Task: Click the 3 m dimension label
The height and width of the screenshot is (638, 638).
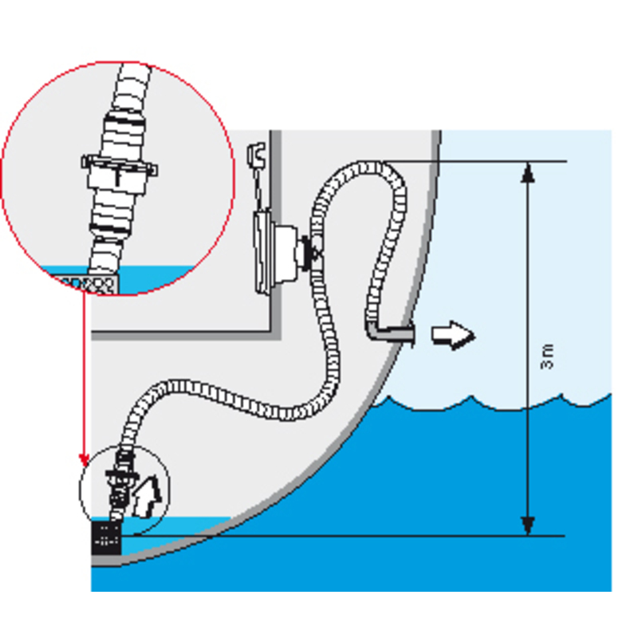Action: [x=548, y=356]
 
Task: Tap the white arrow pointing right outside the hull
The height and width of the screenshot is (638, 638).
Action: [x=453, y=335]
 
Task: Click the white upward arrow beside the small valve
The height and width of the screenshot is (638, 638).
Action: [x=147, y=497]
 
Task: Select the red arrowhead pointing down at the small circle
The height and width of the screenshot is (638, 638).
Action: [x=85, y=460]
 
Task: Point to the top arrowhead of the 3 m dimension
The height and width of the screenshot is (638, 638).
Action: [x=528, y=172]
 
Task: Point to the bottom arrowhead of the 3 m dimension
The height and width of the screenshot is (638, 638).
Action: [x=528, y=526]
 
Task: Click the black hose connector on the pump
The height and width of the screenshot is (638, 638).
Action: [x=309, y=253]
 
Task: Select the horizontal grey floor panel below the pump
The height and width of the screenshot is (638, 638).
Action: [x=182, y=335]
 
